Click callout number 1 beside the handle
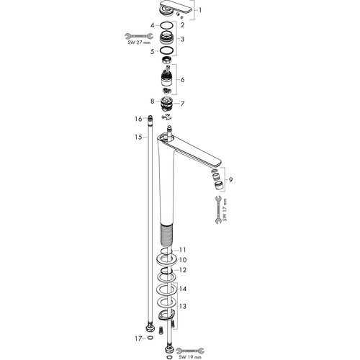tap(199, 10)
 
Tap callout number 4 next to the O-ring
tap(152, 25)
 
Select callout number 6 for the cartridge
tap(182, 79)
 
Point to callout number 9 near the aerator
tap(230, 179)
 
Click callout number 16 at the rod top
tap(138, 119)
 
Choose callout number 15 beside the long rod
tap(138, 137)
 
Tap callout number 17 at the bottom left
tap(138, 338)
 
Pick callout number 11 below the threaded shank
tap(183, 250)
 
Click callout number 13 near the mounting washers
tap(183, 306)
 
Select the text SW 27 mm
tap(139, 42)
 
